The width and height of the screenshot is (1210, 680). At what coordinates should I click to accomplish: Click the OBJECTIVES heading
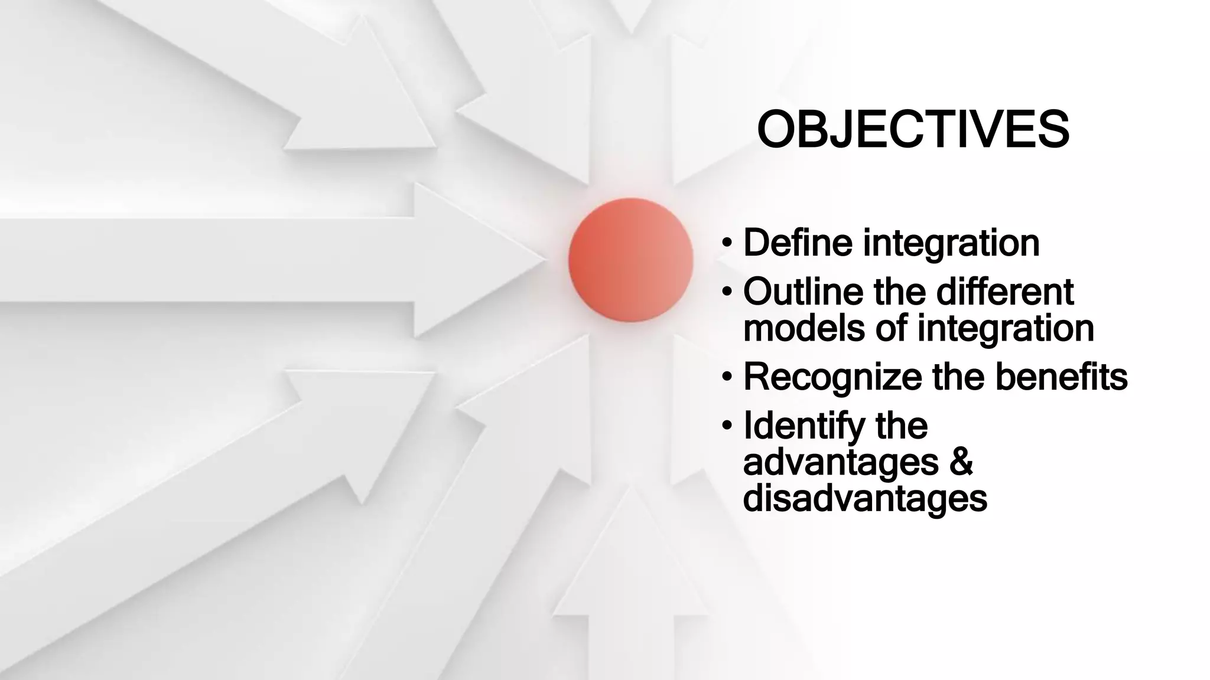(913, 129)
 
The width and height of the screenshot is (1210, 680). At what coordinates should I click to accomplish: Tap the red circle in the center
(630, 260)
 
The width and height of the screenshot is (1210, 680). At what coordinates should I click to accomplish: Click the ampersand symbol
(961, 462)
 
